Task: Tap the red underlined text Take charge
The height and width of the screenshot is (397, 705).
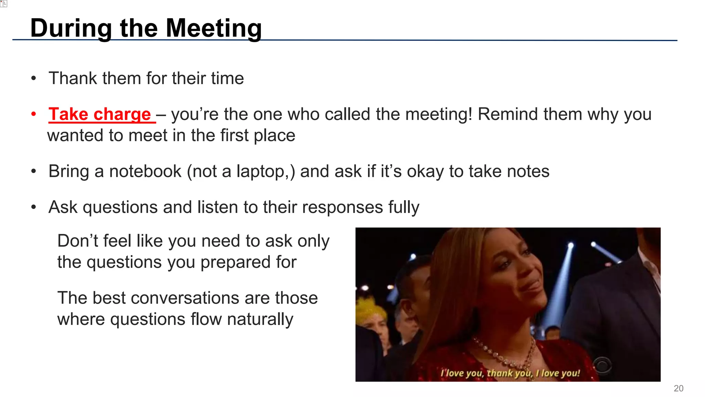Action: [100, 114]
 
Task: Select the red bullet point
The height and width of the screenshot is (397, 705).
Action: [33, 114]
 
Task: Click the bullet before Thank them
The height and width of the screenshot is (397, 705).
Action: [33, 78]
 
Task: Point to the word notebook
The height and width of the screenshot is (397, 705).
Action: [145, 171]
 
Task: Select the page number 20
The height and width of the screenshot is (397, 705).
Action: [678, 388]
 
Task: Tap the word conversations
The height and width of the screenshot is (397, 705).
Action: [180, 298]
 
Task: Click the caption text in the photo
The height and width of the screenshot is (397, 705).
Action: [510, 373]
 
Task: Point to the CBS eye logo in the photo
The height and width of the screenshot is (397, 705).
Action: [602, 365]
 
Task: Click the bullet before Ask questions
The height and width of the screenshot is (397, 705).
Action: [33, 207]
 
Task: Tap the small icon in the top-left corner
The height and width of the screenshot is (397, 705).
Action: [4, 4]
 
